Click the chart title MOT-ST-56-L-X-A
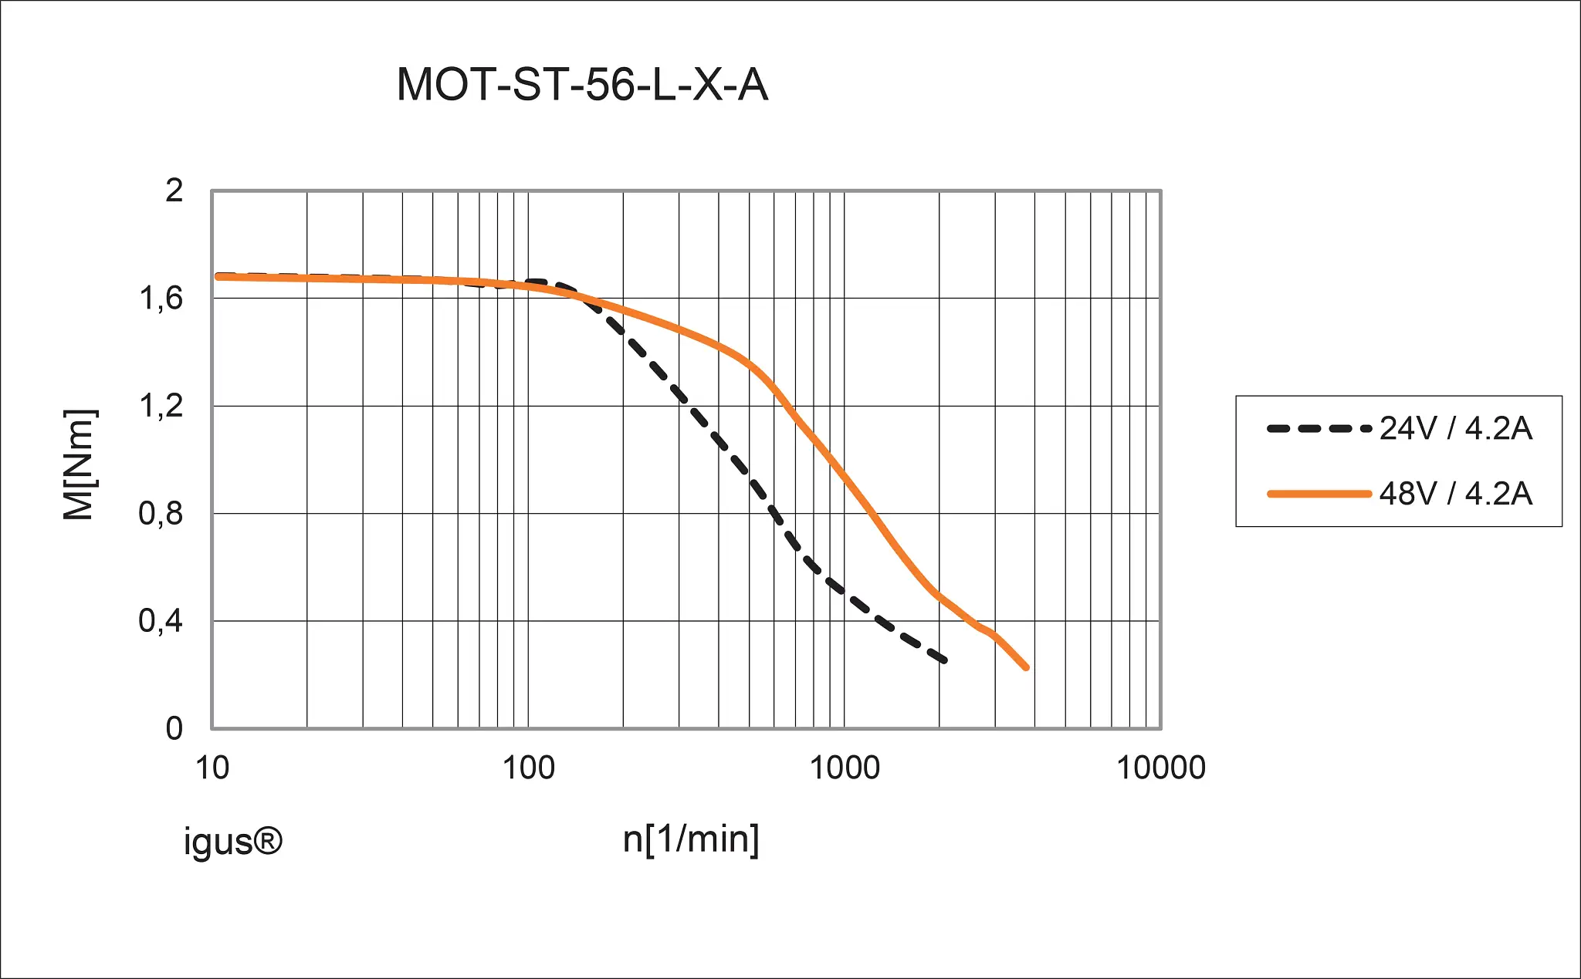(582, 84)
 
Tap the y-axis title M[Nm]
(79, 465)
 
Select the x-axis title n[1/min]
(691, 839)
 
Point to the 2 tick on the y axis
(174, 190)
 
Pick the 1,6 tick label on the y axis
(161, 299)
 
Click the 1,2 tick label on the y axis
(161, 406)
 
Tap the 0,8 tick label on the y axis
(161, 514)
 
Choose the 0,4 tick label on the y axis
(161, 621)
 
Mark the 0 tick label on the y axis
(174, 728)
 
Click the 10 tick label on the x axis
(212, 768)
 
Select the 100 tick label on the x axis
(528, 768)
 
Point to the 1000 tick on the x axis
(844, 768)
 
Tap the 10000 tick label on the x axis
(1160, 768)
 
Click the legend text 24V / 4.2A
(1455, 429)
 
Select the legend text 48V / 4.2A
(1455, 494)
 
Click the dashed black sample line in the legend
(1319, 429)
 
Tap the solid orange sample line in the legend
(1319, 494)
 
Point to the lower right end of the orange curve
(1026, 667)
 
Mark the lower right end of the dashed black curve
(944, 660)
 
